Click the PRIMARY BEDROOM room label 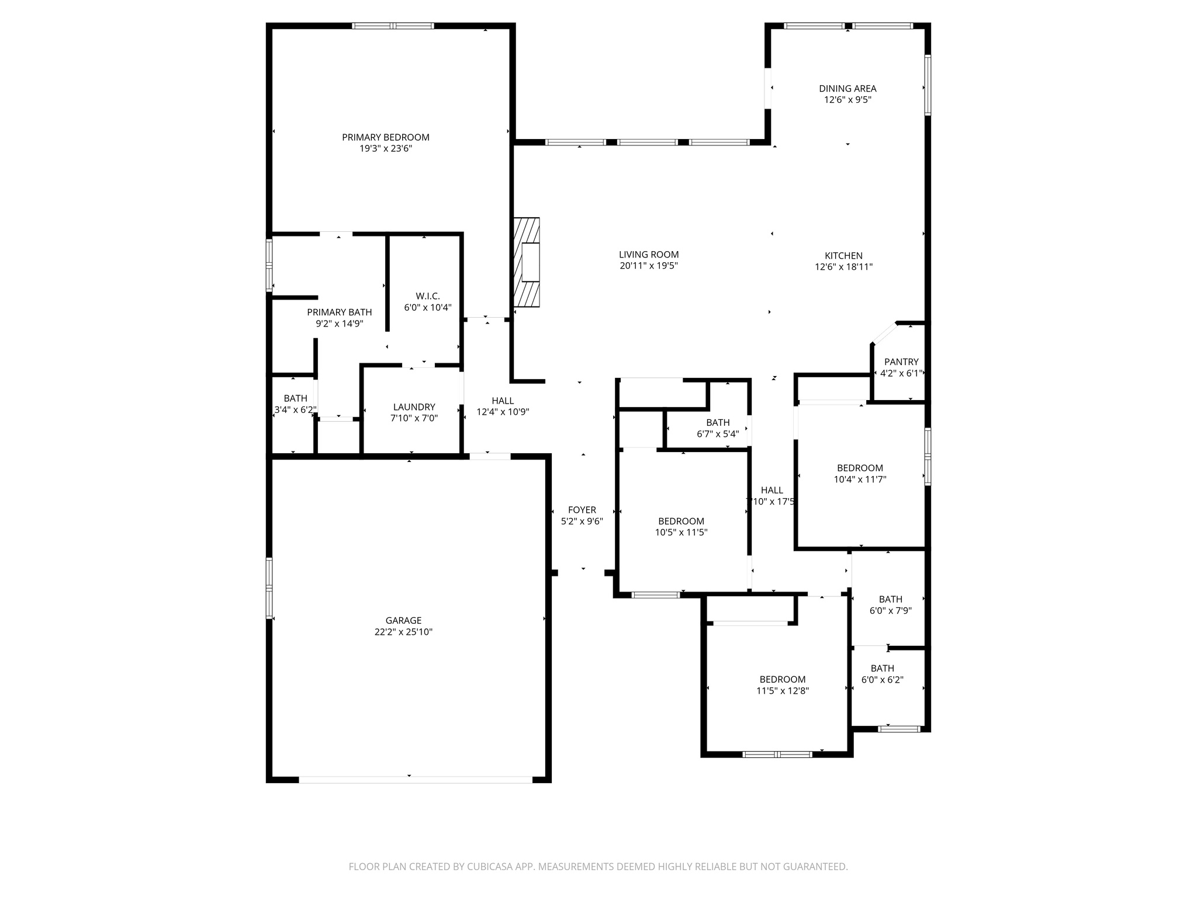click(x=385, y=137)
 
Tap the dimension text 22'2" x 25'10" click(x=403, y=632)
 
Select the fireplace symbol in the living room click(x=527, y=262)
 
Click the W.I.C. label click(x=428, y=296)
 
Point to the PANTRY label click(x=901, y=362)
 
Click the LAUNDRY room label click(x=414, y=407)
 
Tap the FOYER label click(x=582, y=510)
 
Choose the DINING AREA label click(x=847, y=89)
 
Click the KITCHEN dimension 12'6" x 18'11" click(x=843, y=267)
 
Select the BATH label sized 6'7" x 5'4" click(x=718, y=423)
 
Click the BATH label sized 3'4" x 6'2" click(x=295, y=398)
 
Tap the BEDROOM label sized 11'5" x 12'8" click(x=782, y=679)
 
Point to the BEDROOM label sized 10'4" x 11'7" click(x=860, y=468)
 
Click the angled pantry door click(x=884, y=333)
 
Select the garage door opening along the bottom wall click(x=415, y=779)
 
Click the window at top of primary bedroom click(x=393, y=26)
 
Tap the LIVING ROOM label click(x=649, y=255)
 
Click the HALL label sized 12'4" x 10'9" click(x=503, y=401)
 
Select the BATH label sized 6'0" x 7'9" click(x=890, y=599)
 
